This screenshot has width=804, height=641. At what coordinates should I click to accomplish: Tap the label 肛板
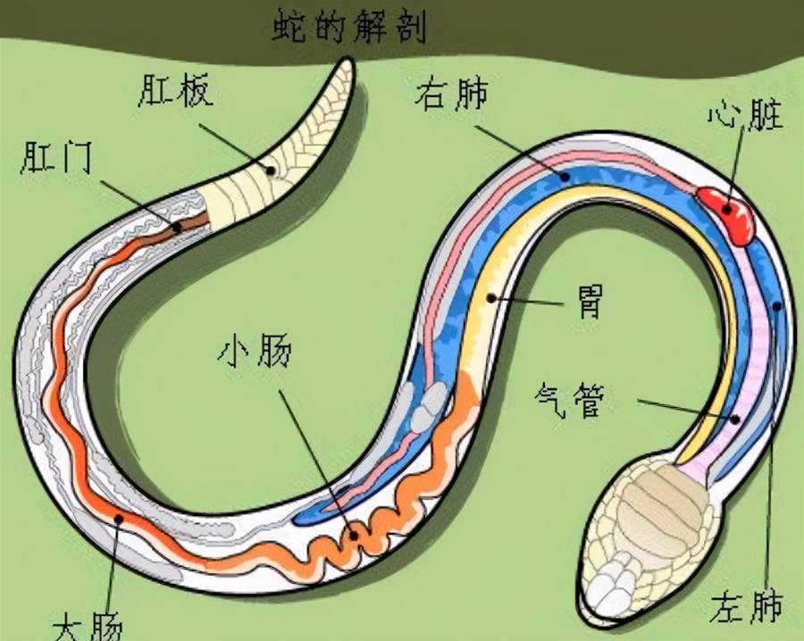(175, 90)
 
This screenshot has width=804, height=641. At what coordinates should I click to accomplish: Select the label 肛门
(56, 157)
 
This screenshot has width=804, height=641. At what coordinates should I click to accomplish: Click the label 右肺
(451, 95)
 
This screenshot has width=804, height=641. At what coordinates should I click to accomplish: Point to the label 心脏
(747, 114)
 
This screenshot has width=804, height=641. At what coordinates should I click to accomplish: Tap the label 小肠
(255, 352)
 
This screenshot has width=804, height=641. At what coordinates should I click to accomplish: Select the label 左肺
(747, 606)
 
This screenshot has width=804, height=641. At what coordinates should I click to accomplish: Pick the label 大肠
(88, 626)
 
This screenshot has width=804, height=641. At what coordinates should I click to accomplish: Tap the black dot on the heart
(727, 209)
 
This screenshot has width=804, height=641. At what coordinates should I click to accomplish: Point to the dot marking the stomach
(491, 297)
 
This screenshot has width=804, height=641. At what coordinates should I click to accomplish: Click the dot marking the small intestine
(354, 536)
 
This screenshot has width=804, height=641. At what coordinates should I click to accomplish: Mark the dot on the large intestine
(119, 519)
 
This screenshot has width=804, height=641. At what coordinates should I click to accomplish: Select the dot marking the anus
(177, 227)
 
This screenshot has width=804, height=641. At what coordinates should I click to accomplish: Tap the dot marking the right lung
(565, 178)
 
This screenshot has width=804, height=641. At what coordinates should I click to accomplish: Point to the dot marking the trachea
(735, 419)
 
